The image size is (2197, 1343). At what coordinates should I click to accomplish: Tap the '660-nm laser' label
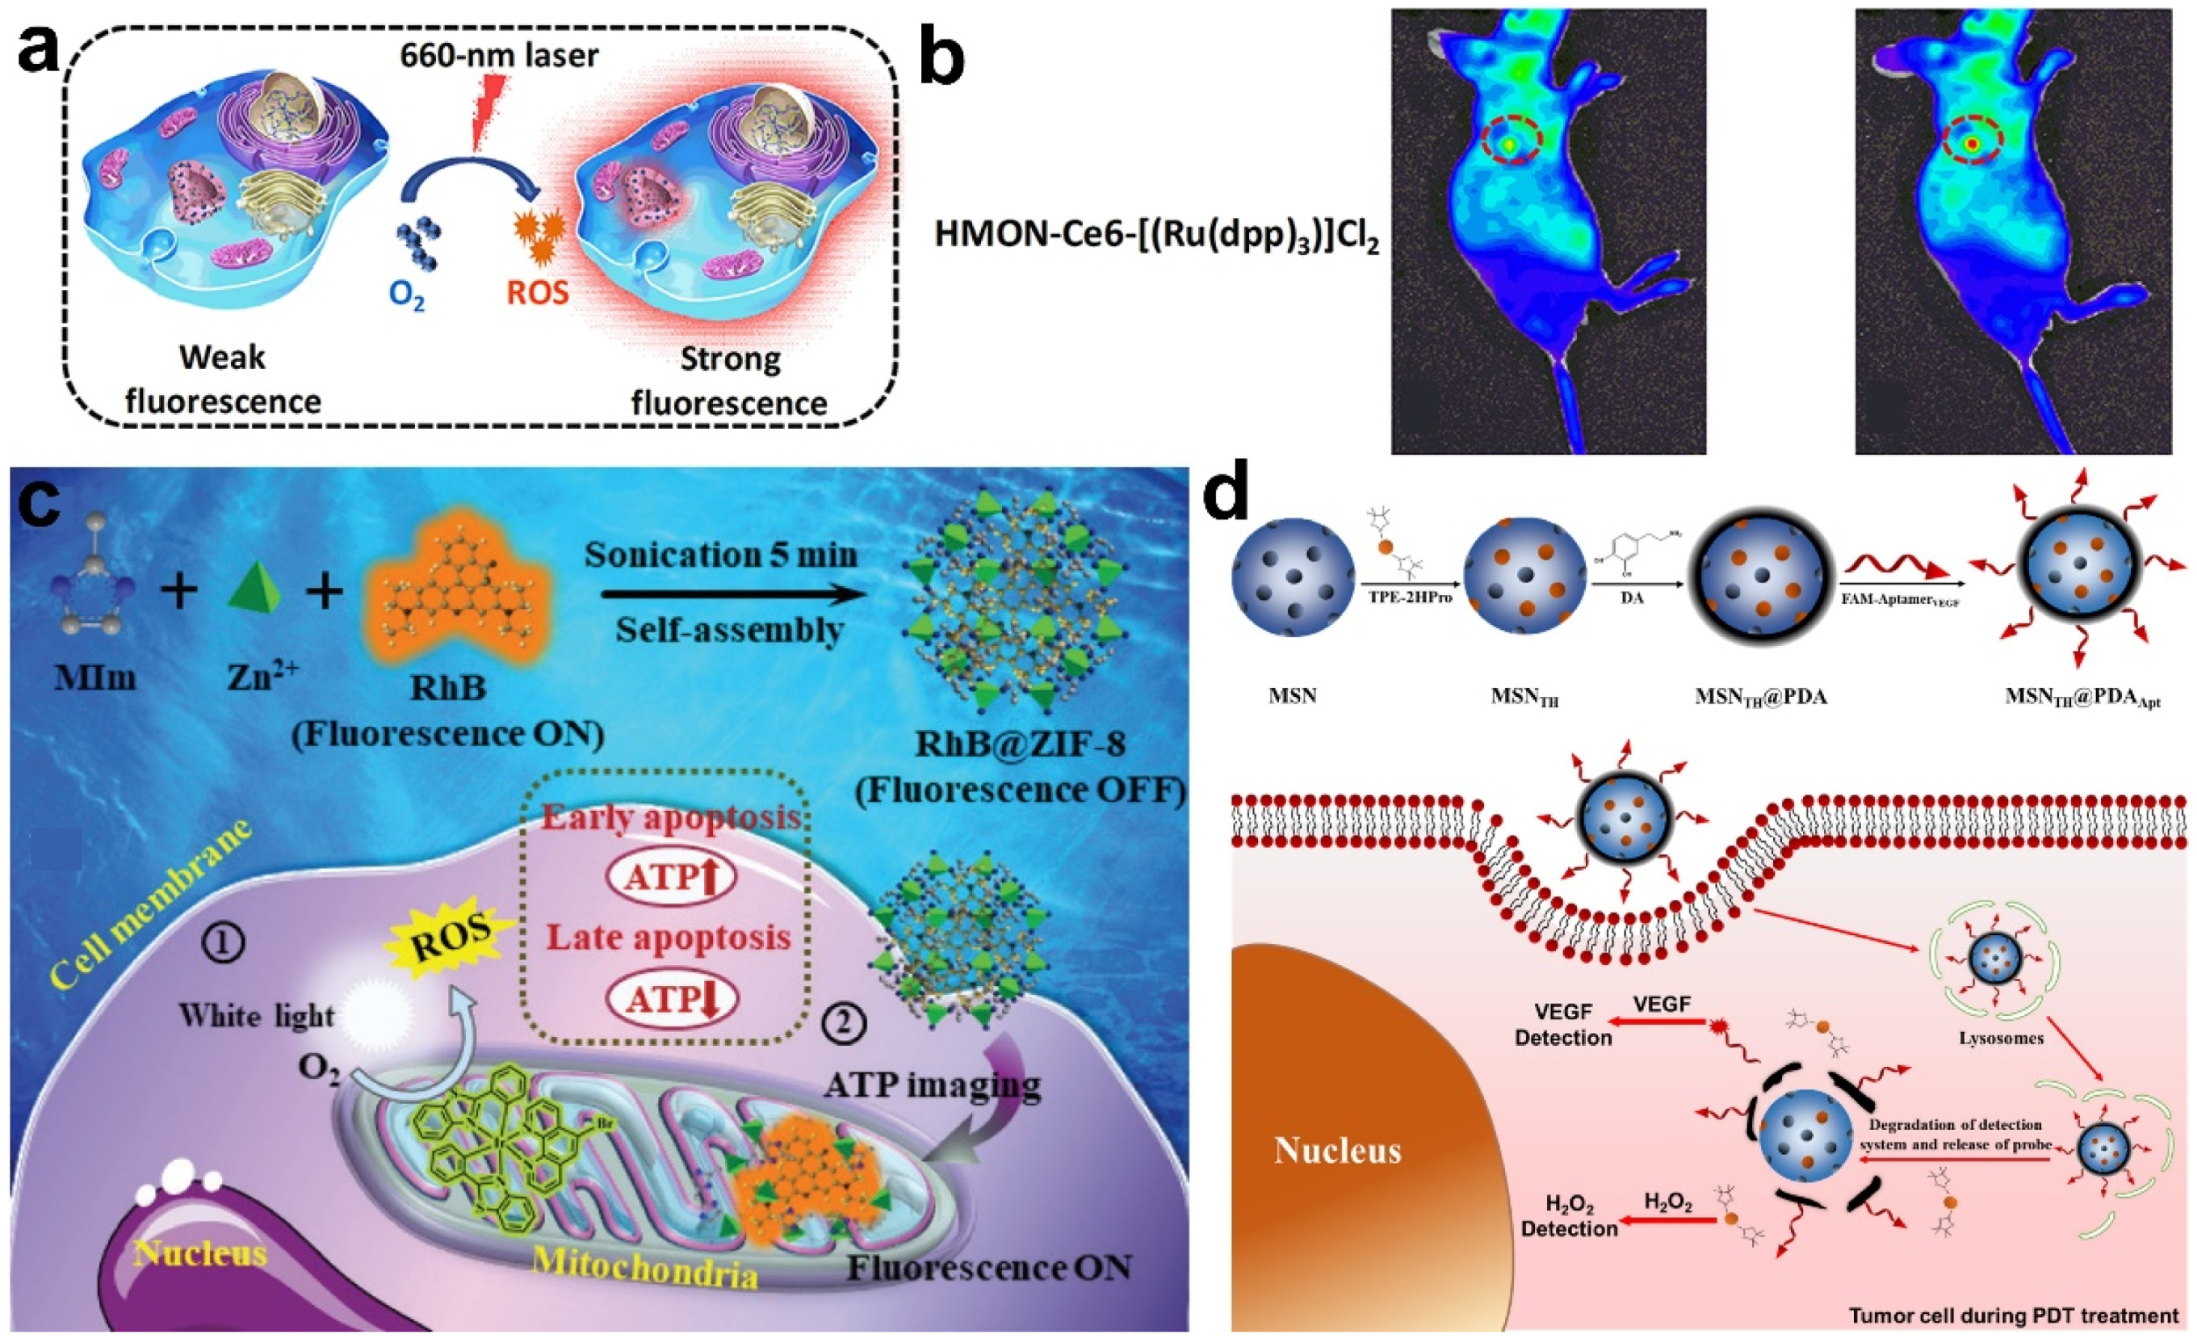coord(498,55)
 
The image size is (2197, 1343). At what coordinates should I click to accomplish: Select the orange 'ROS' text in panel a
coord(537,292)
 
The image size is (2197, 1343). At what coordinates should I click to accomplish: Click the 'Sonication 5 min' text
coord(720,555)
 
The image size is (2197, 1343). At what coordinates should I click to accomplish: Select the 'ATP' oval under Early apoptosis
coord(670,879)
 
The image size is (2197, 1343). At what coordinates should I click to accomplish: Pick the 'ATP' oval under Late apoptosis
coord(670,1000)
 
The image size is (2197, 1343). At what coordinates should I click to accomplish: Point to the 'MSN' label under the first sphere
coord(1292,695)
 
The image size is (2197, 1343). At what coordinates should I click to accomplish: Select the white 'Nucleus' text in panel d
coord(1337,1150)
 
